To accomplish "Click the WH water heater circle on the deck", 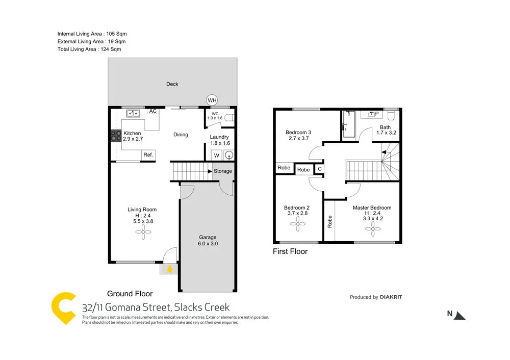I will (x=212, y=100).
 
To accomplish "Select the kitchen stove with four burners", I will (x=116, y=136).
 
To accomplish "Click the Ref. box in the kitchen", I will (x=148, y=155).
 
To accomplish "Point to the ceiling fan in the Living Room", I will (x=143, y=232).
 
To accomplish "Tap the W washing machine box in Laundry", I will (x=216, y=156).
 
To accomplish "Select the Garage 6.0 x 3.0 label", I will (x=208, y=240).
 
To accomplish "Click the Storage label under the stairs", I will (x=222, y=171).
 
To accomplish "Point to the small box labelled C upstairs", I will (x=319, y=169).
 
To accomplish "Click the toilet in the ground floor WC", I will (x=229, y=118).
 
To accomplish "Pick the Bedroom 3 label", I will (x=298, y=135).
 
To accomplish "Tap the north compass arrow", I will (x=460, y=315).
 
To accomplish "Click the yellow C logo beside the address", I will (x=64, y=308).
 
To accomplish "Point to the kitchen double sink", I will (x=134, y=113).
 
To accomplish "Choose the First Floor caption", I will (x=290, y=251).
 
